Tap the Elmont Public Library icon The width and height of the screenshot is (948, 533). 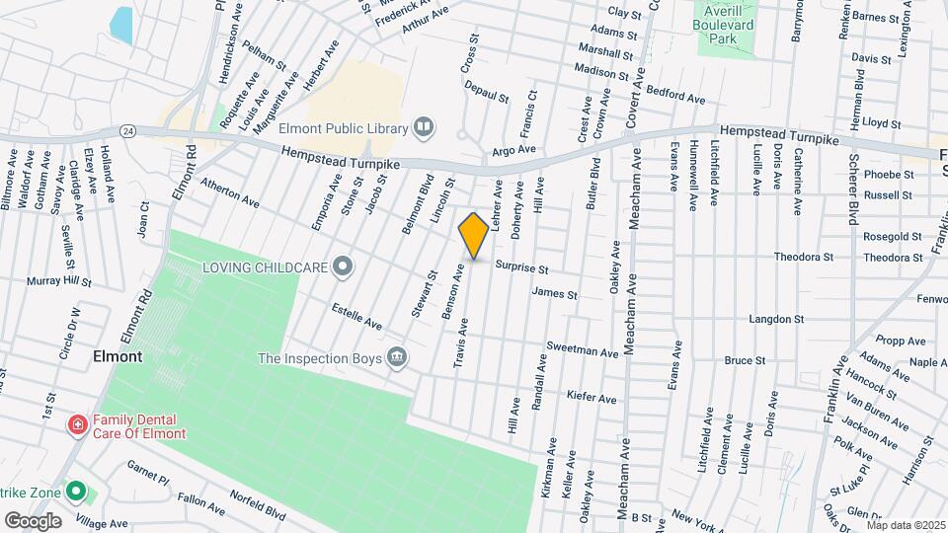pyautogui.click(x=424, y=126)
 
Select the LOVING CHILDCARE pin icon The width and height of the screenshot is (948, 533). pyautogui.click(x=343, y=266)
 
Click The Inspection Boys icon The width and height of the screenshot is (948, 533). pyautogui.click(x=397, y=357)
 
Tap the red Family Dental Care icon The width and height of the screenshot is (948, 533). pyautogui.click(x=77, y=425)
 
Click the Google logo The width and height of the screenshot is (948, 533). pyautogui.click(x=33, y=520)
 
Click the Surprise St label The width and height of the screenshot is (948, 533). pyautogui.click(x=521, y=267)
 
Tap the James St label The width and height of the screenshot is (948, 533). pyautogui.click(x=554, y=293)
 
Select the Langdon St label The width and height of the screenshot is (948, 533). pyautogui.click(x=777, y=319)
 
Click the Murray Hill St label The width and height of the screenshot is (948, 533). pyautogui.click(x=59, y=281)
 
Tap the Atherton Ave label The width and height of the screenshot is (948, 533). pyautogui.click(x=229, y=192)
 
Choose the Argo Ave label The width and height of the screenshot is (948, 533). pyautogui.click(x=513, y=150)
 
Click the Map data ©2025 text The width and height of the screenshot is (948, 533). pyautogui.click(x=906, y=525)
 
